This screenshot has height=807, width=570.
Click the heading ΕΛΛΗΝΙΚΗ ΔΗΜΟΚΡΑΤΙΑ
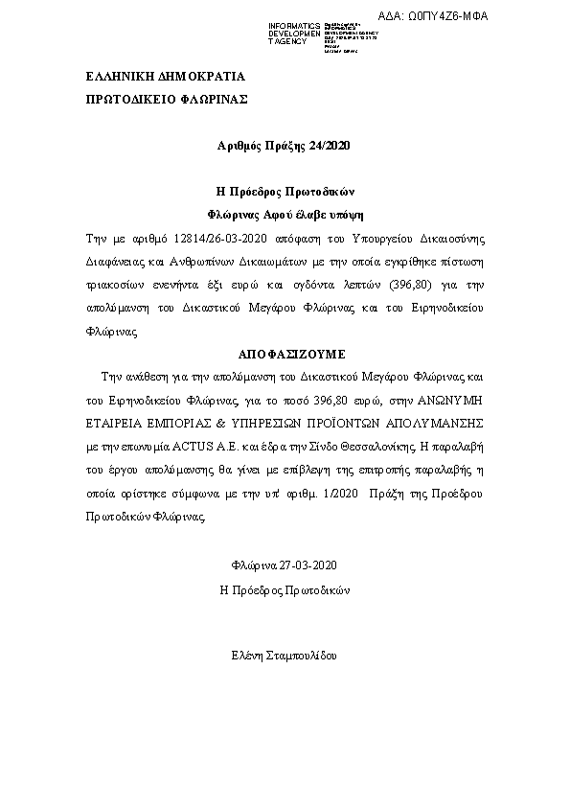(166, 76)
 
